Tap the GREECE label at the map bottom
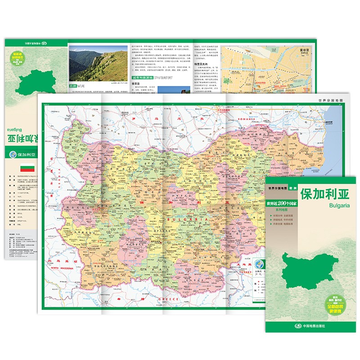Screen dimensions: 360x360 pyautogui.click(x=167, y=299)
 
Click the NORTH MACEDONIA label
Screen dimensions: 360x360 pyautogui.click(x=60, y=269)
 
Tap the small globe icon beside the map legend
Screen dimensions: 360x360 pyautogui.click(x=260, y=264)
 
